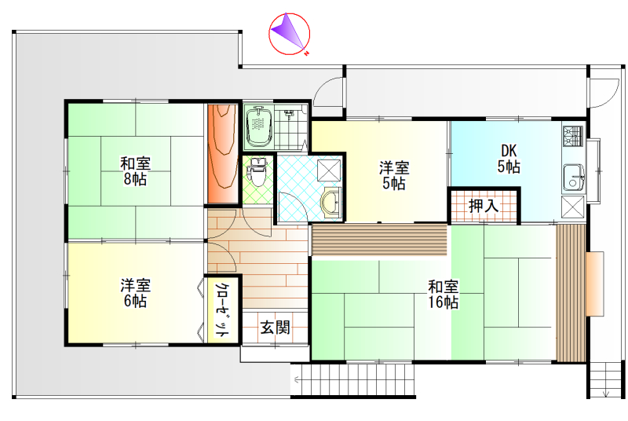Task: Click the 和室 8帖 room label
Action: click(135, 171)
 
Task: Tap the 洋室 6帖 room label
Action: click(135, 293)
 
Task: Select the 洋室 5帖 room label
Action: click(394, 175)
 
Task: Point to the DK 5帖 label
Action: click(509, 159)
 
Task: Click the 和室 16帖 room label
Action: click(444, 294)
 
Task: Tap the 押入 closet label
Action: click(484, 206)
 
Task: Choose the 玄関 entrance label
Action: click(276, 328)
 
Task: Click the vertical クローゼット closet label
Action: click(222, 309)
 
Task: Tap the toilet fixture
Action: click(257, 171)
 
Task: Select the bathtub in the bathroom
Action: click(260, 126)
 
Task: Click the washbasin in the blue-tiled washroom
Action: click(331, 203)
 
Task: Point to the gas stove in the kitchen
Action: click(573, 136)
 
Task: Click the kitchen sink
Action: click(573, 178)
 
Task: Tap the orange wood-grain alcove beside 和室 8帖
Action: click(223, 153)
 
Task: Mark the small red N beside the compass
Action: click(306, 53)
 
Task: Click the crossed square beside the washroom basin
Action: click(329, 170)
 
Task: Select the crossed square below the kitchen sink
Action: click(573, 207)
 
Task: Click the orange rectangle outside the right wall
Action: click(594, 284)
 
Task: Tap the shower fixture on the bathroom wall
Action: click(289, 114)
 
